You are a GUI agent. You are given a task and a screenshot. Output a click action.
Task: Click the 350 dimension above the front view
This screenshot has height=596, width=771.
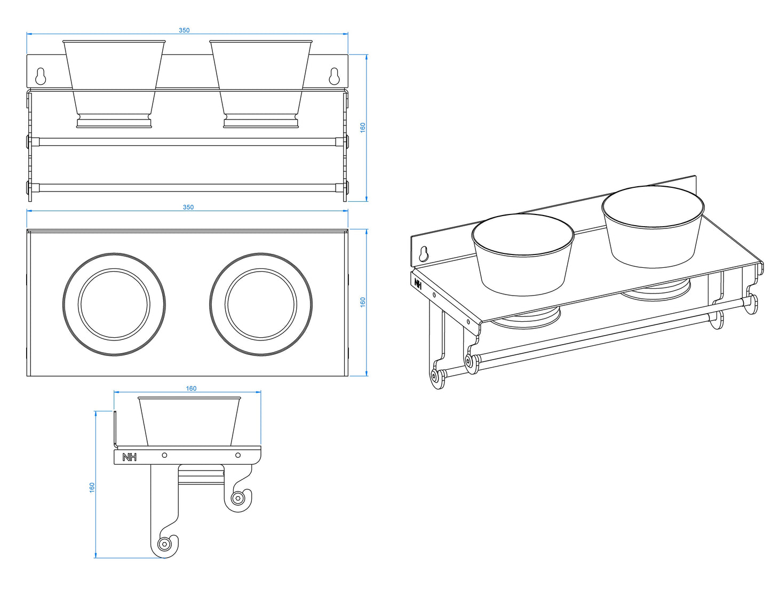coord(184,30)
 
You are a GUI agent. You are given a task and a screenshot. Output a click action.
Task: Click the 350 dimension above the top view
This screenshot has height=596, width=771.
coord(188,207)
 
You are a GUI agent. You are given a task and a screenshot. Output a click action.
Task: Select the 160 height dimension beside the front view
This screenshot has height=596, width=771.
coord(363,128)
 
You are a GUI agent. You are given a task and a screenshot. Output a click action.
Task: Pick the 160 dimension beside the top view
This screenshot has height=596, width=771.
coord(363,302)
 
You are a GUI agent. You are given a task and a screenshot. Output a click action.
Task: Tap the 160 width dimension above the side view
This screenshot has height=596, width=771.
coord(191,388)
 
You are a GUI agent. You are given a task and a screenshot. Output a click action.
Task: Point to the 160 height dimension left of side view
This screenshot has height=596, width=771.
coord(92,487)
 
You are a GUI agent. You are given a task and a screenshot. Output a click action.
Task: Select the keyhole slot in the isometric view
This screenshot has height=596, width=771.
coord(424,253)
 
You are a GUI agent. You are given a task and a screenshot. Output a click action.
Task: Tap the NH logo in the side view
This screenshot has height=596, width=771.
coord(129,457)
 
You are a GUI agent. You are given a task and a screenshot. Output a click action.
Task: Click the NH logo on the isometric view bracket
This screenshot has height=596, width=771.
coord(418,284)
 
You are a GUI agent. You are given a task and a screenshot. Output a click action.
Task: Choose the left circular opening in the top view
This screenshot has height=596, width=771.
coord(114,304)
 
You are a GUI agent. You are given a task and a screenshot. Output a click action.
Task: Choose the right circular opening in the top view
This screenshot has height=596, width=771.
coord(260,304)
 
